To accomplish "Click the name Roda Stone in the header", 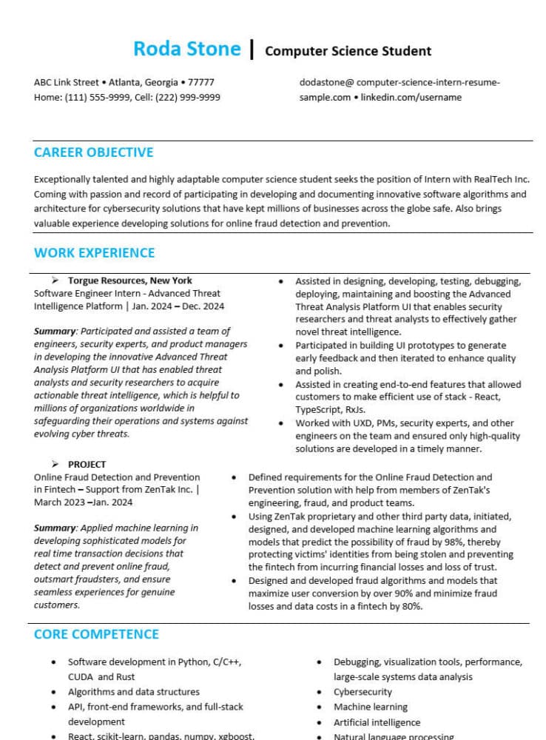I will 186,49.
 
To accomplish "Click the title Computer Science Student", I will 348,51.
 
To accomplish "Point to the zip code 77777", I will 201,82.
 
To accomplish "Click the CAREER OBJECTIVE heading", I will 93,152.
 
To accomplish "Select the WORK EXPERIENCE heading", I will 94,252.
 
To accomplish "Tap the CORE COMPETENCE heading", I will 96,634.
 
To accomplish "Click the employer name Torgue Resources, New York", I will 129,281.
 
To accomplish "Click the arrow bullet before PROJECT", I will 55,465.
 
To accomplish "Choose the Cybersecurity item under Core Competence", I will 363,692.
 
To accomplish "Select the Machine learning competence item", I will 370,707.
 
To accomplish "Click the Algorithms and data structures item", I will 133,692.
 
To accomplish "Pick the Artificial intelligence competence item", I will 377,722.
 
